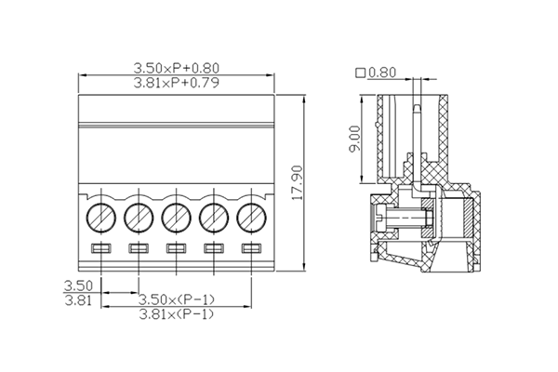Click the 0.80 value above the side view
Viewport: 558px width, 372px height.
point(382,73)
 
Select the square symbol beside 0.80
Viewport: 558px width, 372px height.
point(361,73)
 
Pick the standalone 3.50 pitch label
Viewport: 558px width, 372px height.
point(77,286)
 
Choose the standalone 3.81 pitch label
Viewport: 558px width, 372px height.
point(77,300)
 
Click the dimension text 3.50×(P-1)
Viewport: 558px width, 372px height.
point(177,299)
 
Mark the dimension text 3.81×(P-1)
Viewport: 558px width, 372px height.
point(177,314)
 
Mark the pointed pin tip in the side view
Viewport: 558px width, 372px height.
point(416,110)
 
